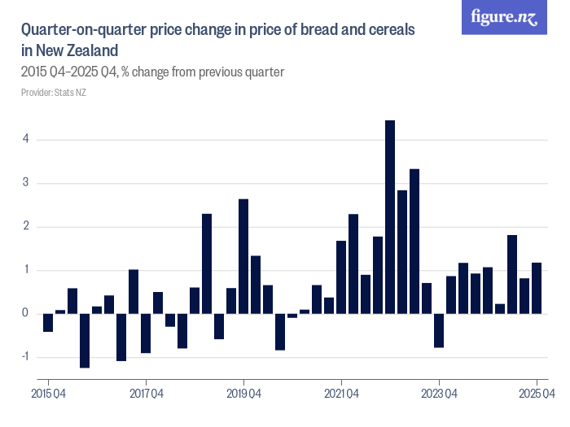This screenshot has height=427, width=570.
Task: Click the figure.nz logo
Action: tap(505, 18)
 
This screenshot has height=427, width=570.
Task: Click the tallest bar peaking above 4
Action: tap(390, 216)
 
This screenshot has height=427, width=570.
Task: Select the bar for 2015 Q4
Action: tap(48, 322)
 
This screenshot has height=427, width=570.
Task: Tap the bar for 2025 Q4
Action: tap(537, 288)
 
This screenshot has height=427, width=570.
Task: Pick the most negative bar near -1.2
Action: tap(85, 340)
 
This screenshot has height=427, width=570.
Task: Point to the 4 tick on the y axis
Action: tap(25, 139)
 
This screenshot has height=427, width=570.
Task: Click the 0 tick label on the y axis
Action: tap(25, 313)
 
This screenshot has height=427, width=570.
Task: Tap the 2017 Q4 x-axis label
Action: tap(146, 394)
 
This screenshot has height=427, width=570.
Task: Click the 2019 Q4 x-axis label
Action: tap(243, 394)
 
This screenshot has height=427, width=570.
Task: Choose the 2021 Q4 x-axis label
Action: tap(341, 394)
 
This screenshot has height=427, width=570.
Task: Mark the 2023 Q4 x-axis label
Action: tap(439, 394)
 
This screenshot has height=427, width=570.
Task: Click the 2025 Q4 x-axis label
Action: tap(537, 394)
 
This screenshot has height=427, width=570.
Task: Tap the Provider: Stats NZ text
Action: tap(54, 92)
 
